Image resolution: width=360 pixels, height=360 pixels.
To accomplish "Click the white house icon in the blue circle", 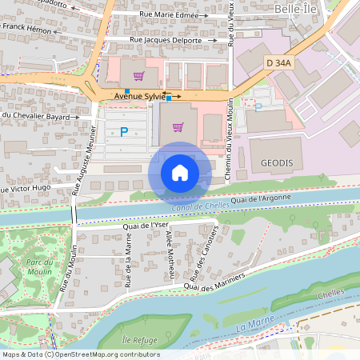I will (180, 172).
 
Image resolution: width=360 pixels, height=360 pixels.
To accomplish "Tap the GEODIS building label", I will (277, 162).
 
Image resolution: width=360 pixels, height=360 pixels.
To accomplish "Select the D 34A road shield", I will (279, 62).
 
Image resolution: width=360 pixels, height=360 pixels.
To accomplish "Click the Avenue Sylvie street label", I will (137, 96).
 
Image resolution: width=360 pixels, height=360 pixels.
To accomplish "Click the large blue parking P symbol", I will (123, 132).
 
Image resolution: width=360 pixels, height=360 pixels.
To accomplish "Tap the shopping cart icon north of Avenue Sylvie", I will (139, 76).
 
